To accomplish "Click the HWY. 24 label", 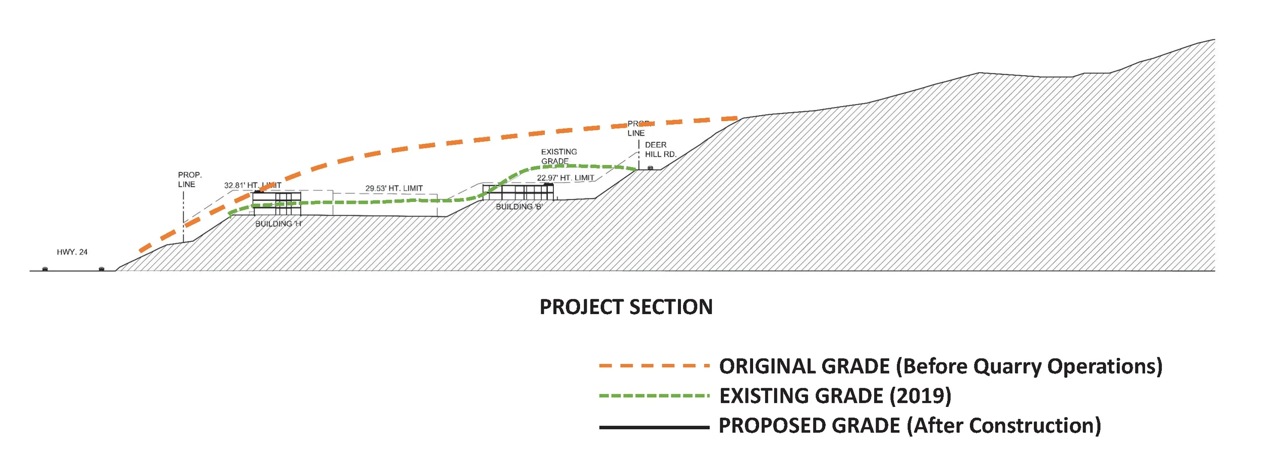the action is [72, 252].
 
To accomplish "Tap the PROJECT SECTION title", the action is [626, 307].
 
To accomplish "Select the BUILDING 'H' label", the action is [278, 224].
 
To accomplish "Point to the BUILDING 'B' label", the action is [519, 206].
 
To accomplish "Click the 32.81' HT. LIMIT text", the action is [253, 185].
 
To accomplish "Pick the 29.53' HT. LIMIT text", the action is [394, 188].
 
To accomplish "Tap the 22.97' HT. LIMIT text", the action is [565, 178].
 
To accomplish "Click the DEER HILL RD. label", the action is [660, 149].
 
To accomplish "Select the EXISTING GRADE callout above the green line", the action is [558, 156].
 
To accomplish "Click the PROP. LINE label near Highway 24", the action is [190, 180].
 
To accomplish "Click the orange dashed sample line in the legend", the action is [654, 366].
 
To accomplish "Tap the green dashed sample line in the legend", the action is [654, 396].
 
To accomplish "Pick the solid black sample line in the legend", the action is [654, 427].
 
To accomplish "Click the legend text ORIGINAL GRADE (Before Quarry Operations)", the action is [941, 366].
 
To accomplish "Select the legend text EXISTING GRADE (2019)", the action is [835, 396].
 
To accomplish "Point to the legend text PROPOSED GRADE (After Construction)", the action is [909, 426].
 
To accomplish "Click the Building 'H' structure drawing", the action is [276, 203].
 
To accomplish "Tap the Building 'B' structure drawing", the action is [518, 192].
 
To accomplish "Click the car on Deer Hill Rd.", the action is [650, 168].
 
